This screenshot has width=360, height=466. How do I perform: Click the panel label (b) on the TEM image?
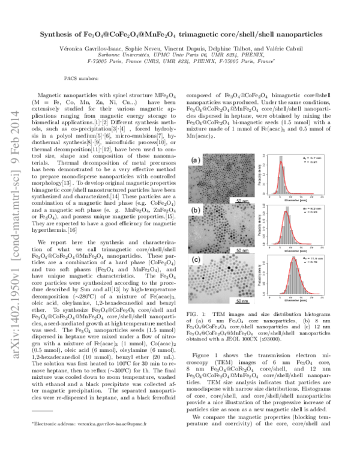[193, 211]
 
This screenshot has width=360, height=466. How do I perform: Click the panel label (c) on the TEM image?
[193, 260]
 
